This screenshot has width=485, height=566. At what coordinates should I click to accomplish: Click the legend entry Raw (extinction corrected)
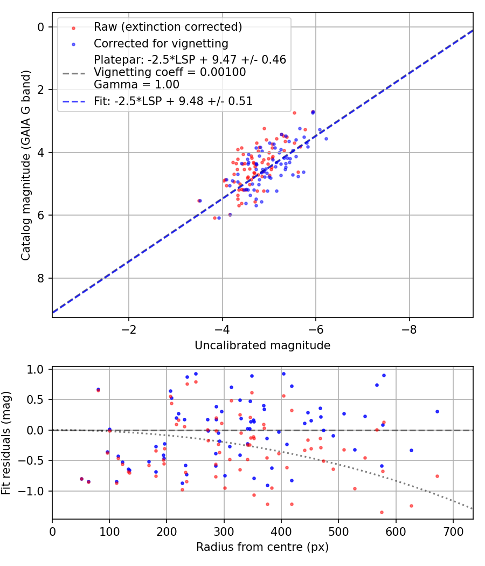pyautogui.click(x=168, y=27)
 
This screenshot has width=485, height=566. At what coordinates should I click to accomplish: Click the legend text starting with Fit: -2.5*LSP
pyautogui.click(x=173, y=101)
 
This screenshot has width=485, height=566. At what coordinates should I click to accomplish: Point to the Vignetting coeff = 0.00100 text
pyautogui.click(x=170, y=72)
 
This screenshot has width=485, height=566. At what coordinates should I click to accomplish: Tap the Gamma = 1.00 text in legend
pyautogui.click(x=136, y=85)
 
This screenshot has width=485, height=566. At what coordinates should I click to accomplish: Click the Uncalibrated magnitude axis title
pyautogui.click(x=262, y=345)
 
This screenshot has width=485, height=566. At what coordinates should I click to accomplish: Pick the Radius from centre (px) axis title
pyautogui.click(x=262, y=547)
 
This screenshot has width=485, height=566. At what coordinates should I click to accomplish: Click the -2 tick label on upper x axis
pyautogui.click(x=128, y=328)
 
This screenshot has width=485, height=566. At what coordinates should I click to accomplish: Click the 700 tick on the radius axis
pyautogui.click(x=453, y=531)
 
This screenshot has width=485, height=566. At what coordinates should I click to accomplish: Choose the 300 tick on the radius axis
pyautogui.click(x=224, y=531)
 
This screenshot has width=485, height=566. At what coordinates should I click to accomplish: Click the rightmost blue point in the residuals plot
pyautogui.click(x=437, y=411)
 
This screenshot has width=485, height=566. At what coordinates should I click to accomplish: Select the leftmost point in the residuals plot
pyautogui.click(x=81, y=479)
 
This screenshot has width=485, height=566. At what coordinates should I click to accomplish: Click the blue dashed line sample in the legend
pyautogui.click(x=75, y=101)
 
